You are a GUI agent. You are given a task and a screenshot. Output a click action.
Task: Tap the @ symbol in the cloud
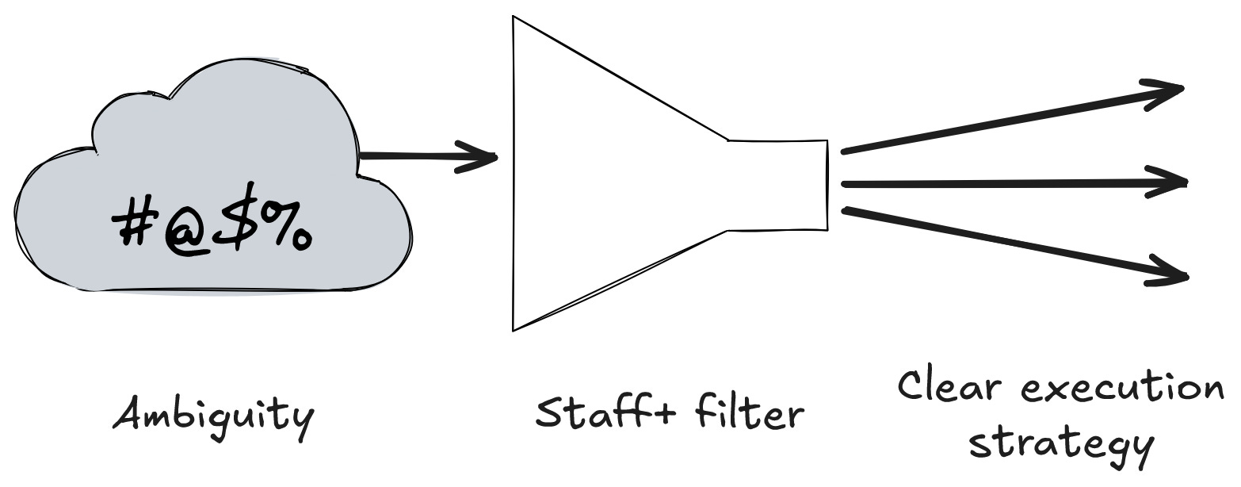[x=184, y=230]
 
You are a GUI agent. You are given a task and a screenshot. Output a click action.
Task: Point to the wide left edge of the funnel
[x=514, y=173]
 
